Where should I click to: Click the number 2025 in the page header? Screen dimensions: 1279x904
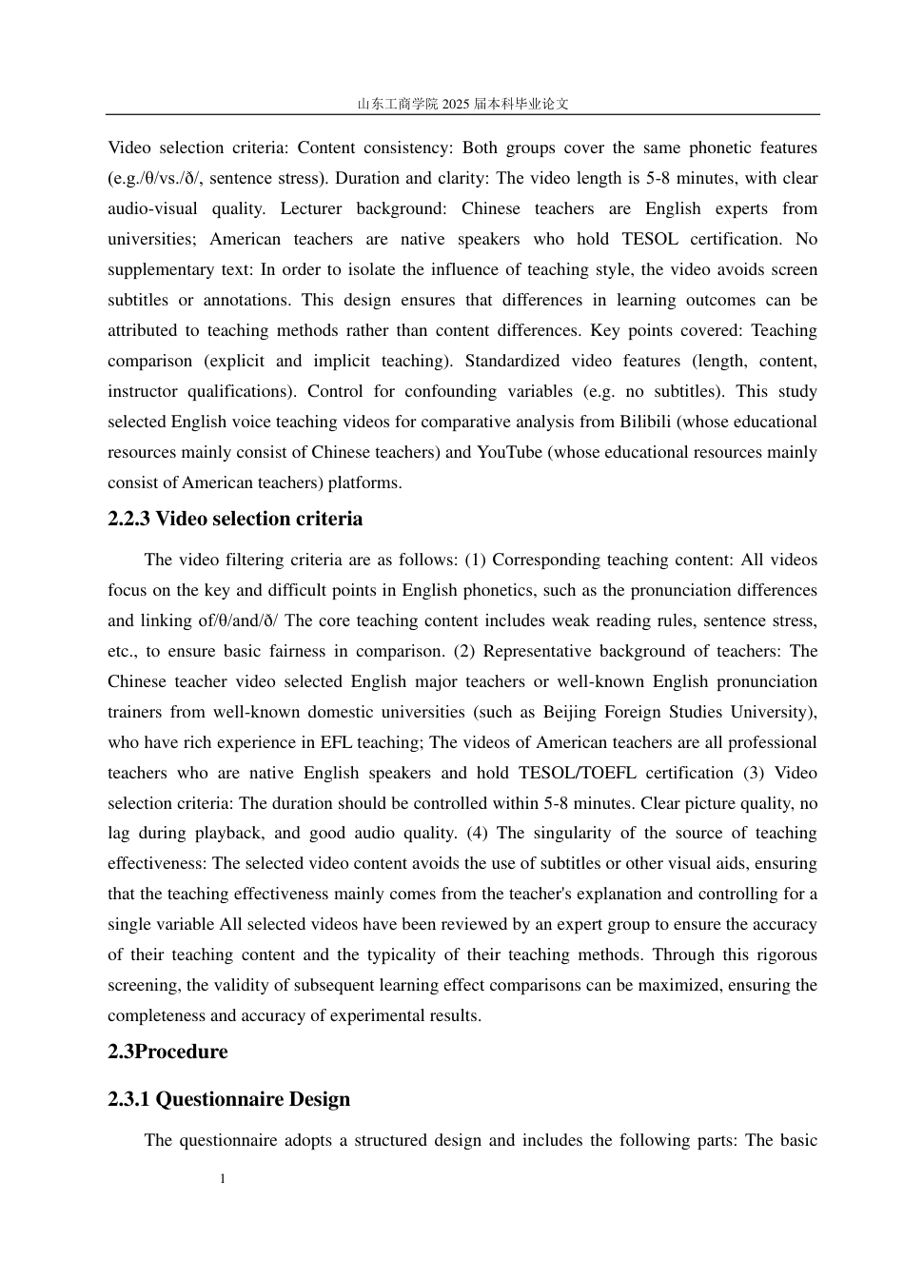pos(456,104)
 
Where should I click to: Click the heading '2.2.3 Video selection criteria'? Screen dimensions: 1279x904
pos(235,519)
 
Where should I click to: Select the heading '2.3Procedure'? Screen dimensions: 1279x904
pos(167,1052)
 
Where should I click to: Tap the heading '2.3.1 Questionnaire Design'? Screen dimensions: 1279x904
pos(228,1099)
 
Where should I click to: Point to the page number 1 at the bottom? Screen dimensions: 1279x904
pos(223,1179)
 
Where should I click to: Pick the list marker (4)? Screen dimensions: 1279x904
pos(478,833)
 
